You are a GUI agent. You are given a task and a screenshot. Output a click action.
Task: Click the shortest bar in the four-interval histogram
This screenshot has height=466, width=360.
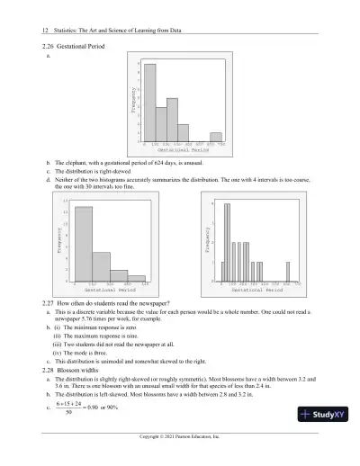point(136,278)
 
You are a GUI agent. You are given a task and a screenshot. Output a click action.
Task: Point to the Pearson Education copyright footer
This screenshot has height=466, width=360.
point(180,460)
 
